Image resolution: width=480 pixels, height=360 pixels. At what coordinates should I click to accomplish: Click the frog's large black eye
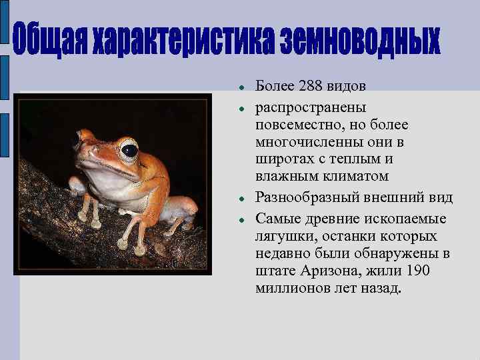click(x=129, y=150)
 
